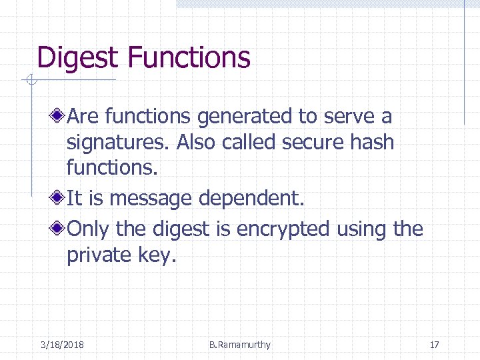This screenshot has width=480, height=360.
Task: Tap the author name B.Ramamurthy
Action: click(240, 345)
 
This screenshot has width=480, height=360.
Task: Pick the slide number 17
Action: click(435, 345)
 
